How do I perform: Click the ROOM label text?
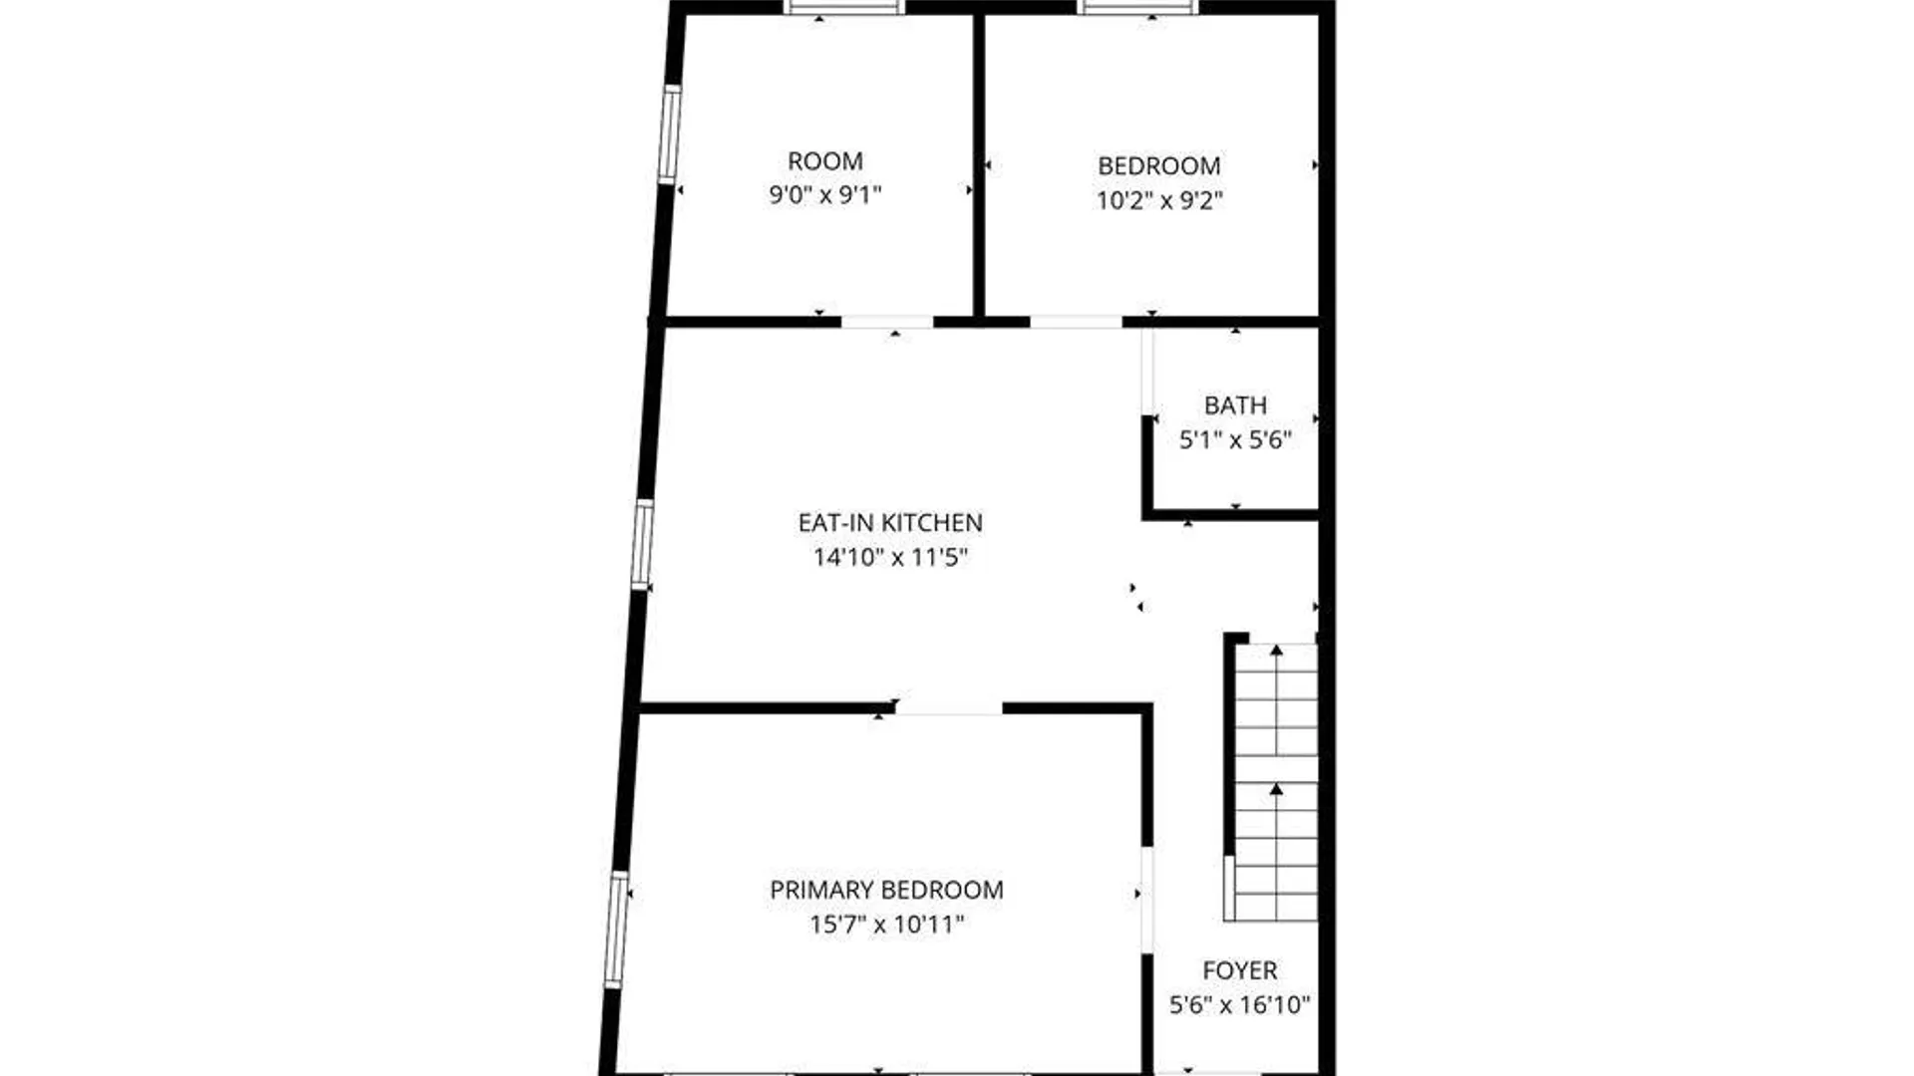pos(825,161)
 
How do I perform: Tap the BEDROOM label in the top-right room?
pos(1159,166)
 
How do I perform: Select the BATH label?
pos(1235,405)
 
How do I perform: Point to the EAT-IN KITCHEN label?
pos(890,523)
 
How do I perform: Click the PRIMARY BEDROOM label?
pos(886,890)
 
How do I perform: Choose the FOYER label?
pos(1239,970)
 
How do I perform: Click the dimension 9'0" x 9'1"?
pos(825,195)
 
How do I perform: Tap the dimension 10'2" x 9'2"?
pos(1159,200)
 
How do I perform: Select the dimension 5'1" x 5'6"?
pos(1235,440)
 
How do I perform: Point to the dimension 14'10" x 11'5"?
pos(890,557)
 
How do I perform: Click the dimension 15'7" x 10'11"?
pos(886,925)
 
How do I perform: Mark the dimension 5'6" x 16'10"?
pos(1239,1004)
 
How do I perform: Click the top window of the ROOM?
pos(843,7)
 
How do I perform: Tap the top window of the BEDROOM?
pos(1138,7)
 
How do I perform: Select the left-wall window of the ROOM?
pos(670,134)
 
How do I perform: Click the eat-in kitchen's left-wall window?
pos(643,544)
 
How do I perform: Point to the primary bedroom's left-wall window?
pos(617,931)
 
